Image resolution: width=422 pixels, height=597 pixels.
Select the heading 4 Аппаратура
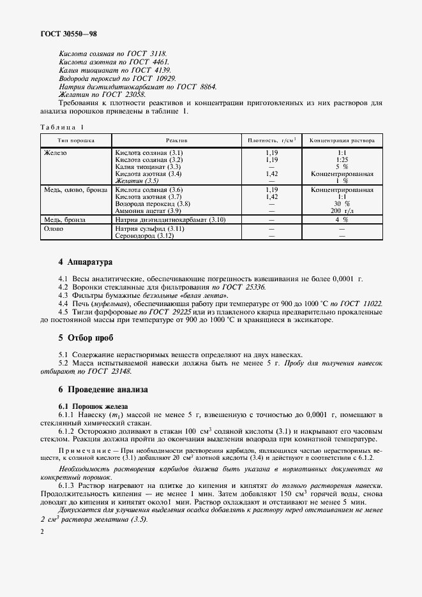coord(85,262)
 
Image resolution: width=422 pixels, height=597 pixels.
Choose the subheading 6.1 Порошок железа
coord(93,406)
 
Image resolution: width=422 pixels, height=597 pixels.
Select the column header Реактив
coord(176,139)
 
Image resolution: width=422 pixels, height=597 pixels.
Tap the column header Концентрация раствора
coord(342,139)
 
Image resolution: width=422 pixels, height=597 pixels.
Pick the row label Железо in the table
coord(56,154)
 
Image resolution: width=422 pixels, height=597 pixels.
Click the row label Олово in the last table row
coord(54,228)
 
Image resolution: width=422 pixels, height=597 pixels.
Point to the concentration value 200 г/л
coord(342,210)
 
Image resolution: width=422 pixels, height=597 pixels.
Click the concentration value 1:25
coord(342,160)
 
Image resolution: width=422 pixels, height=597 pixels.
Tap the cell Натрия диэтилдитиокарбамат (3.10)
coord(169,219)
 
